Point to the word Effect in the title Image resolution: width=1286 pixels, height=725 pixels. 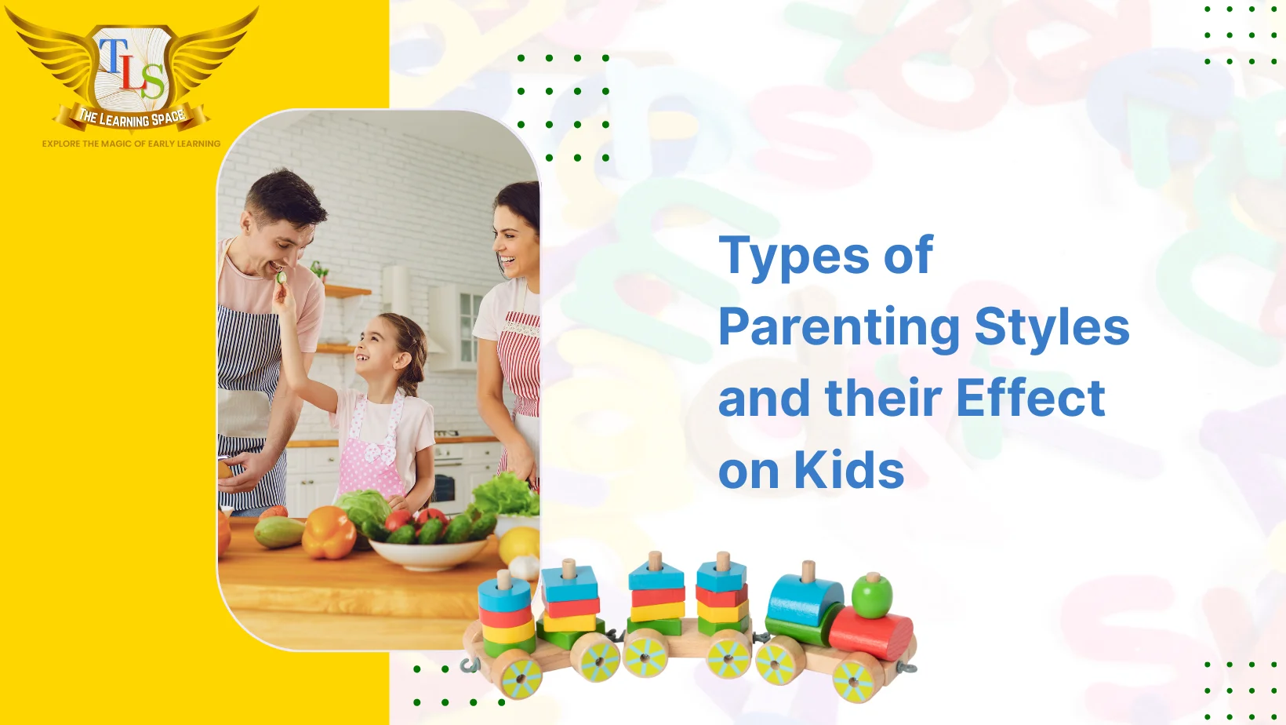[x=1031, y=398]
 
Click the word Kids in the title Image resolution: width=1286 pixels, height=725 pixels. [x=849, y=469]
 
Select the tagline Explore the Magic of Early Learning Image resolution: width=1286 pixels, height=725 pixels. [x=132, y=144]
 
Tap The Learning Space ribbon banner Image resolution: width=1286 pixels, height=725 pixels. [x=132, y=118]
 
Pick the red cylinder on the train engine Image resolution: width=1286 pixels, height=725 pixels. [x=871, y=633]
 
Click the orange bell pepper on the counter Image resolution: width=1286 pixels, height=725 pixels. [x=329, y=533]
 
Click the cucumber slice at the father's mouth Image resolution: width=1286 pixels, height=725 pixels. [x=282, y=278]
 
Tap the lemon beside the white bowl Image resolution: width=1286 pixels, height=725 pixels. [x=519, y=545]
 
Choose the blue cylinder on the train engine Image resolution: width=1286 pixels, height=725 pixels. [x=805, y=601]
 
